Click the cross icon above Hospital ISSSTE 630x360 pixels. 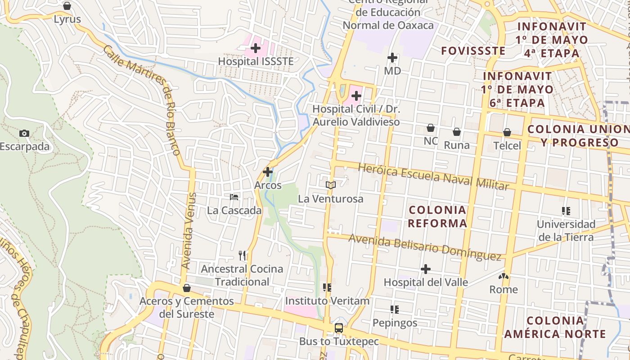pyautogui.click(x=256, y=48)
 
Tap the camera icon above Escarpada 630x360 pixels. pyautogui.click(x=24, y=133)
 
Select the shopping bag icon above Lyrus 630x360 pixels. pyautogui.click(x=67, y=6)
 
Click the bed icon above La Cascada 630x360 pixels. pyautogui.click(x=234, y=197)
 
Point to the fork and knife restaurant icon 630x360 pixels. pyautogui.click(x=243, y=256)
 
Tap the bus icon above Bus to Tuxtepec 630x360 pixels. pyautogui.click(x=339, y=328)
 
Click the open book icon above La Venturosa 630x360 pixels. pyautogui.click(x=331, y=185)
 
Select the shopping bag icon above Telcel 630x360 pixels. pyautogui.click(x=507, y=132)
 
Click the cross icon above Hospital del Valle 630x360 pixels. pyautogui.click(x=426, y=269)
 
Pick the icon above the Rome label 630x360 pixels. pyautogui.click(x=504, y=276)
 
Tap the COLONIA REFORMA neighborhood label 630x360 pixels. pyautogui.click(x=437, y=216)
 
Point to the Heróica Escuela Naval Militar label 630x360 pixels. pyautogui.click(x=433, y=176)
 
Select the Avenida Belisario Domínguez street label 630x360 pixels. pyautogui.click(x=425, y=247)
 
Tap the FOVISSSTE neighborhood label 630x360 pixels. pyautogui.click(x=473, y=51)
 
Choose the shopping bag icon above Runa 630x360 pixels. pyautogui.click(x=457, y=132)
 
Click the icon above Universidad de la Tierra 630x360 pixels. pyautogui.click(x=566, y=211)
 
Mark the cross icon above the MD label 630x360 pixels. pyautogui.click(x=392, y=58)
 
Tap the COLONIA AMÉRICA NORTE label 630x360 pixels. pyautogui.click(x=555, y=327)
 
